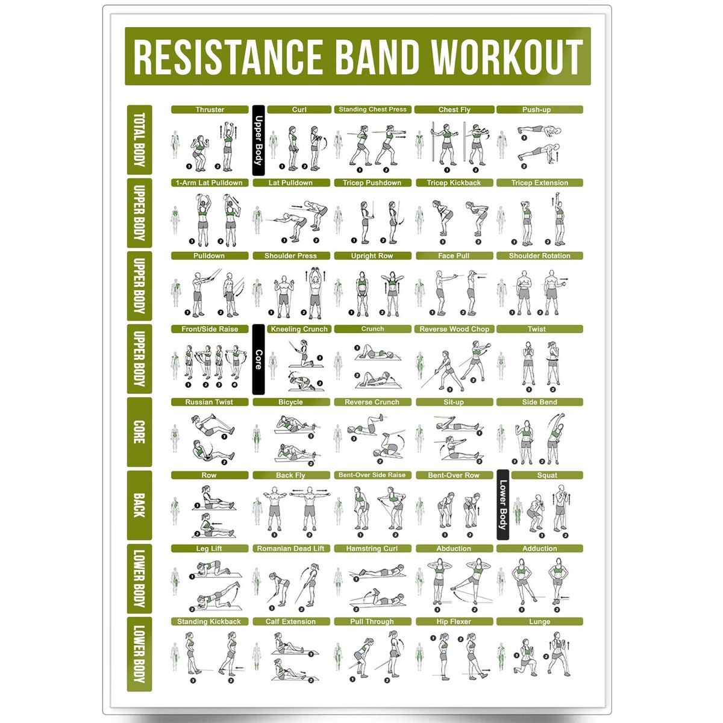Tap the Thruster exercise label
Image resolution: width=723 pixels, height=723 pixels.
coord(210,110)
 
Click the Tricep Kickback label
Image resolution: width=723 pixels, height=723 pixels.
coord(454,183)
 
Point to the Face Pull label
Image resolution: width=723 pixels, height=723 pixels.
coord(454,255)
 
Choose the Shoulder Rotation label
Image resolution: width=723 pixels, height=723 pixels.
coord(539,255)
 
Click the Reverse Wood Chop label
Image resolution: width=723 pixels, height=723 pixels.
coord(454,329)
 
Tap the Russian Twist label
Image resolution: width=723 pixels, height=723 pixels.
coord(210,402)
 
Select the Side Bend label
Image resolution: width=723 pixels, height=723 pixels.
coord(539,402)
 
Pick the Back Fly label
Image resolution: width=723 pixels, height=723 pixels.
coord(290,475)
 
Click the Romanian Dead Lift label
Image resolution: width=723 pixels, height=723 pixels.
coord(290,548)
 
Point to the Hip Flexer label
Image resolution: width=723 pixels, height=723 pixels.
coord(454,621)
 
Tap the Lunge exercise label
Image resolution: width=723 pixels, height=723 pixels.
coord(539,621)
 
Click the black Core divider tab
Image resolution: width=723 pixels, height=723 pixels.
coord(258,360)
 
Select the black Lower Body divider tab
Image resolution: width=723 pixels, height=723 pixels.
coord(502,504)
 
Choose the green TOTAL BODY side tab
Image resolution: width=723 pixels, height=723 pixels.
coord(139,140)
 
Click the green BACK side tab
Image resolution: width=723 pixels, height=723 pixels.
coord(139,505)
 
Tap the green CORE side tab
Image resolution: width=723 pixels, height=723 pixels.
coord(139,432)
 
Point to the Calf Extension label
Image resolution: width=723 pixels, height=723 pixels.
coord(290,621)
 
